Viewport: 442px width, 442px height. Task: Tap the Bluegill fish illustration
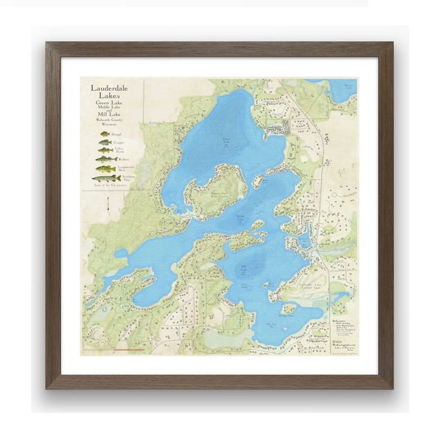tap(105, 134)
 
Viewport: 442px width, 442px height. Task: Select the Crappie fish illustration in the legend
tap(105, 142)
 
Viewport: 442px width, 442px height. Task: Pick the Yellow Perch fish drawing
tap(105, 151)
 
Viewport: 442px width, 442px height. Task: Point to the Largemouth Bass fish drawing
tap(105, 169)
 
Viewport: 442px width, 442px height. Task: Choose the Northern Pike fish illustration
tap(105, 178)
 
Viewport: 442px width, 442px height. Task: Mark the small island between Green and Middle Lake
tap(259, 180)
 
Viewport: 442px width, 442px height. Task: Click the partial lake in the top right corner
tap(340, 88)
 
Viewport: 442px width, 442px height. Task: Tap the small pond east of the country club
tap(340, 297)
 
